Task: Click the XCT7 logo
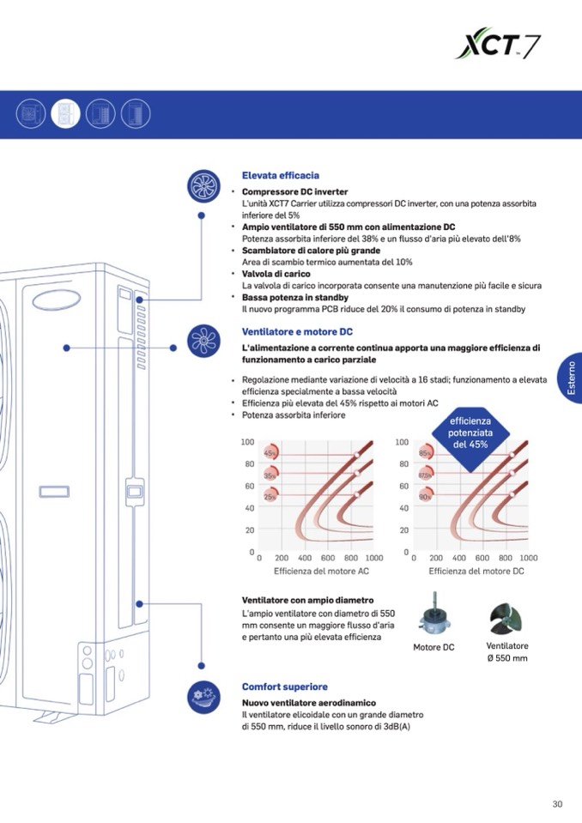[x=497, y=43]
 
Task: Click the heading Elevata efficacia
[x=281, y=175]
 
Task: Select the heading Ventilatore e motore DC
[x=297, y=331]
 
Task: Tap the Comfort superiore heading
[x=285, y=687]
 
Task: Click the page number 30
[x=557, y=804]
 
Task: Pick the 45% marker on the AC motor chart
[x=270, y=452]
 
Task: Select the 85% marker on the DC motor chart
[x=424, y=452]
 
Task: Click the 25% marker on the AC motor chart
[x=270, y=496]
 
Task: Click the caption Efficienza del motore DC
[x=476, y=571]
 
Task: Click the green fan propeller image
[x=506, y=617]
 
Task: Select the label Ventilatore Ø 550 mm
[x=506, y=652]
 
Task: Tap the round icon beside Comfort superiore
[x=202, y=693]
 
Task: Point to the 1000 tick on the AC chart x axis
[x=373, y=558]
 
